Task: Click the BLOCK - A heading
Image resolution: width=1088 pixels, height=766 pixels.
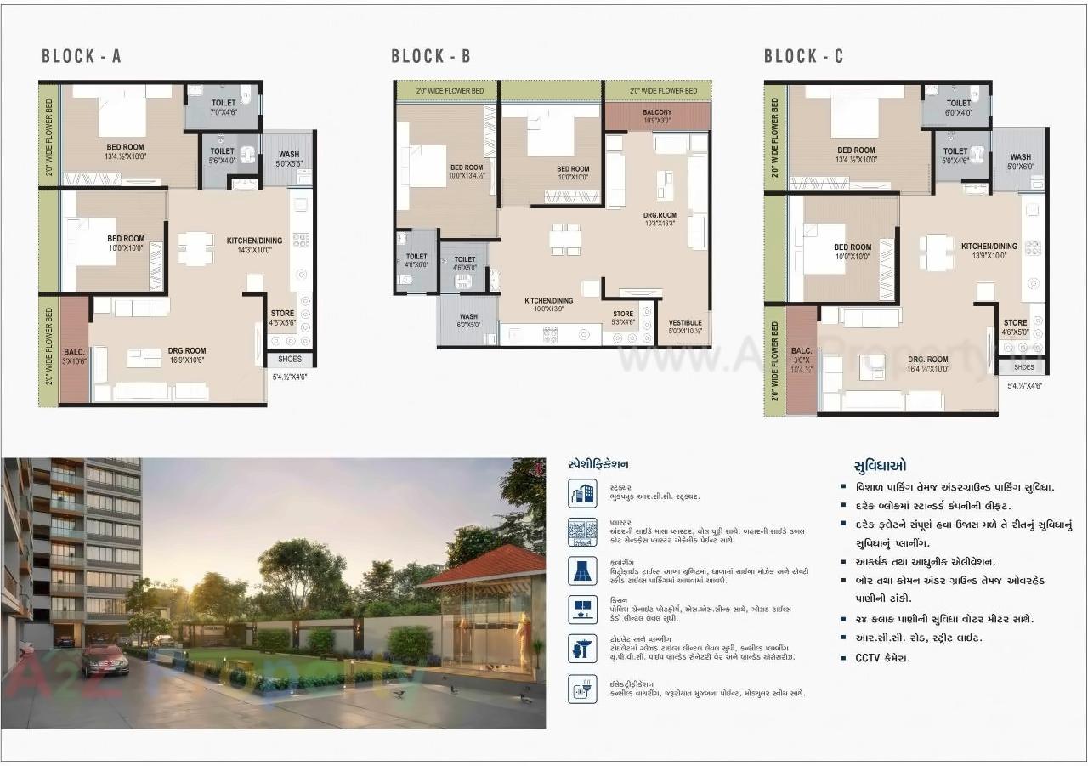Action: [82, 57]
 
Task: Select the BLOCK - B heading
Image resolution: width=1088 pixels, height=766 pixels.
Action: [431, 57]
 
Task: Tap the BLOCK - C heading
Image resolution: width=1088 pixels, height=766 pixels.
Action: [803, 57]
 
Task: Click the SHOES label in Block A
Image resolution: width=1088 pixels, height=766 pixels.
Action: [290, 359]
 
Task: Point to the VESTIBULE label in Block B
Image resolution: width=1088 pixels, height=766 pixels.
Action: [684, 323]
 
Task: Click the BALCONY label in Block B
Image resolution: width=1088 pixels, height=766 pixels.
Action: [657, 112]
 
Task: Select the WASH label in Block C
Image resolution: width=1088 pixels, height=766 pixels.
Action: [1020, 157]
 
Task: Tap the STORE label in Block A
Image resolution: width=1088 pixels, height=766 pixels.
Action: [282, 314]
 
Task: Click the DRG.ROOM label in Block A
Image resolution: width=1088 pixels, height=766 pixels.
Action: [187, 350]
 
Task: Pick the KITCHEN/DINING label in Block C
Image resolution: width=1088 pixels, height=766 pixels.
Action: [989, 247]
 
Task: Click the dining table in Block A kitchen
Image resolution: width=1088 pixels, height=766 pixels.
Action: [195, 248]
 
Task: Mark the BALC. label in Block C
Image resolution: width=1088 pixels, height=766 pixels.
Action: [802, 349]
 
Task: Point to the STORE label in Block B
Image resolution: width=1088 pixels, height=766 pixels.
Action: [623, 314]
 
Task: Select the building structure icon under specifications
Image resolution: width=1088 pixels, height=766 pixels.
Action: [582, 492]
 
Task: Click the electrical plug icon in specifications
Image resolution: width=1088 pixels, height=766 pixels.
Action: [582, 688]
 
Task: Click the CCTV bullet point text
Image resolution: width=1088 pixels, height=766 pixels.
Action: [882, 658]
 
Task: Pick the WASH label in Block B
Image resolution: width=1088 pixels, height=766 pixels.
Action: [468, 316]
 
